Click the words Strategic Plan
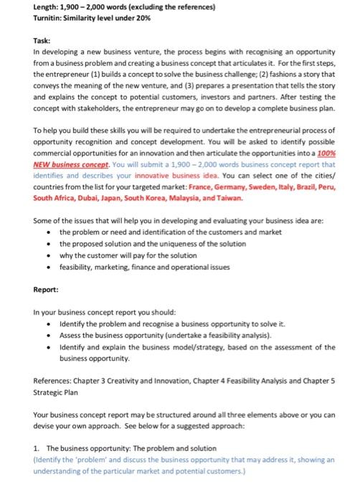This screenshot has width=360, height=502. tap(59, 393)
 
